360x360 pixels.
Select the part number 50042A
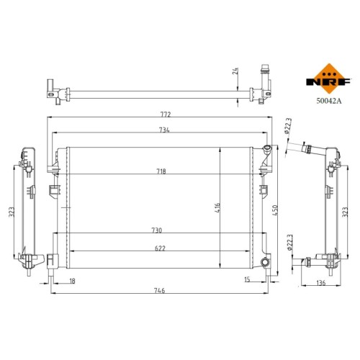[x=328, y=101]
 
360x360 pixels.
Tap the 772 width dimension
[x=165, y=114]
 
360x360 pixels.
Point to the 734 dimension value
[x=164, y=130]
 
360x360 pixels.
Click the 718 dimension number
[x=161, y=171]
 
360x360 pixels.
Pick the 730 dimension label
[x=157, y=230]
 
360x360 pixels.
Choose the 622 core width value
[x=160, y=248]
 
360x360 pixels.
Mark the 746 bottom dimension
[x=159, y=290]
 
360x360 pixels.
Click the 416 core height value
[x=217, y=208]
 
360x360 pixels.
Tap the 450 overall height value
[x=275, y=210]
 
